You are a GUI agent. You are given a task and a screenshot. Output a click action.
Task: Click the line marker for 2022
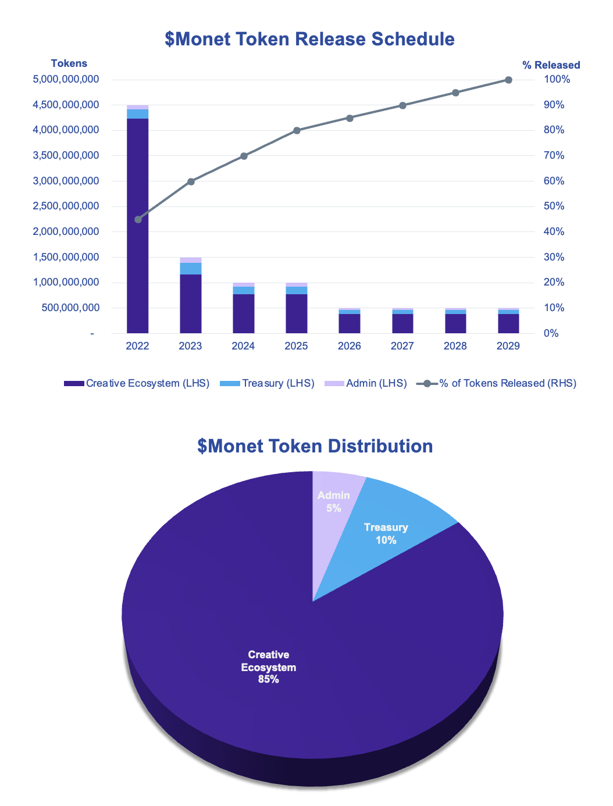[x=138, y=219]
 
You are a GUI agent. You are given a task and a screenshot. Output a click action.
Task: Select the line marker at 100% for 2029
[x=508, y=80]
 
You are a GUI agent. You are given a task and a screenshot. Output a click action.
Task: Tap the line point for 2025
[x=297, y=130]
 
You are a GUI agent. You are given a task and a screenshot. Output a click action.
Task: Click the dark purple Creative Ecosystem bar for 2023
[x=191, y=303]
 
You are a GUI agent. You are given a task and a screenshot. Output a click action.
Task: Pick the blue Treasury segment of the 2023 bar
[x=191, y=268]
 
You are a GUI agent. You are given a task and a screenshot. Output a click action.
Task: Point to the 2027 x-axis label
[x=402, y=346]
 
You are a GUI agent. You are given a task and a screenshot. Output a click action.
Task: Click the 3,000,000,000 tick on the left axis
[x=66, y=181]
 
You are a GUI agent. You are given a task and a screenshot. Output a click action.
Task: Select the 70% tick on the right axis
[x=554, y=155]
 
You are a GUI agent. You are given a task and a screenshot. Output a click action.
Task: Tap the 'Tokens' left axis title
[x=69, y=63]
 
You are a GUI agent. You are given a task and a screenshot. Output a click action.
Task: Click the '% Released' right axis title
[x=551, y=65]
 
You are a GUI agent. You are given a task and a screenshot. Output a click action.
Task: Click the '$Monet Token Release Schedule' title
[x=309, y=39]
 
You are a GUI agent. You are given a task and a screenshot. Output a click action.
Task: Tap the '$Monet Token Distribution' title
[x=315, y=446]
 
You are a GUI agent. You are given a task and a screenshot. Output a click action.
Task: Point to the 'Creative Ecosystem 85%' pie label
[x=269, y=667]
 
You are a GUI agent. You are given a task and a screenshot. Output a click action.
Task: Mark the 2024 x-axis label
[x=243, y=346]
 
